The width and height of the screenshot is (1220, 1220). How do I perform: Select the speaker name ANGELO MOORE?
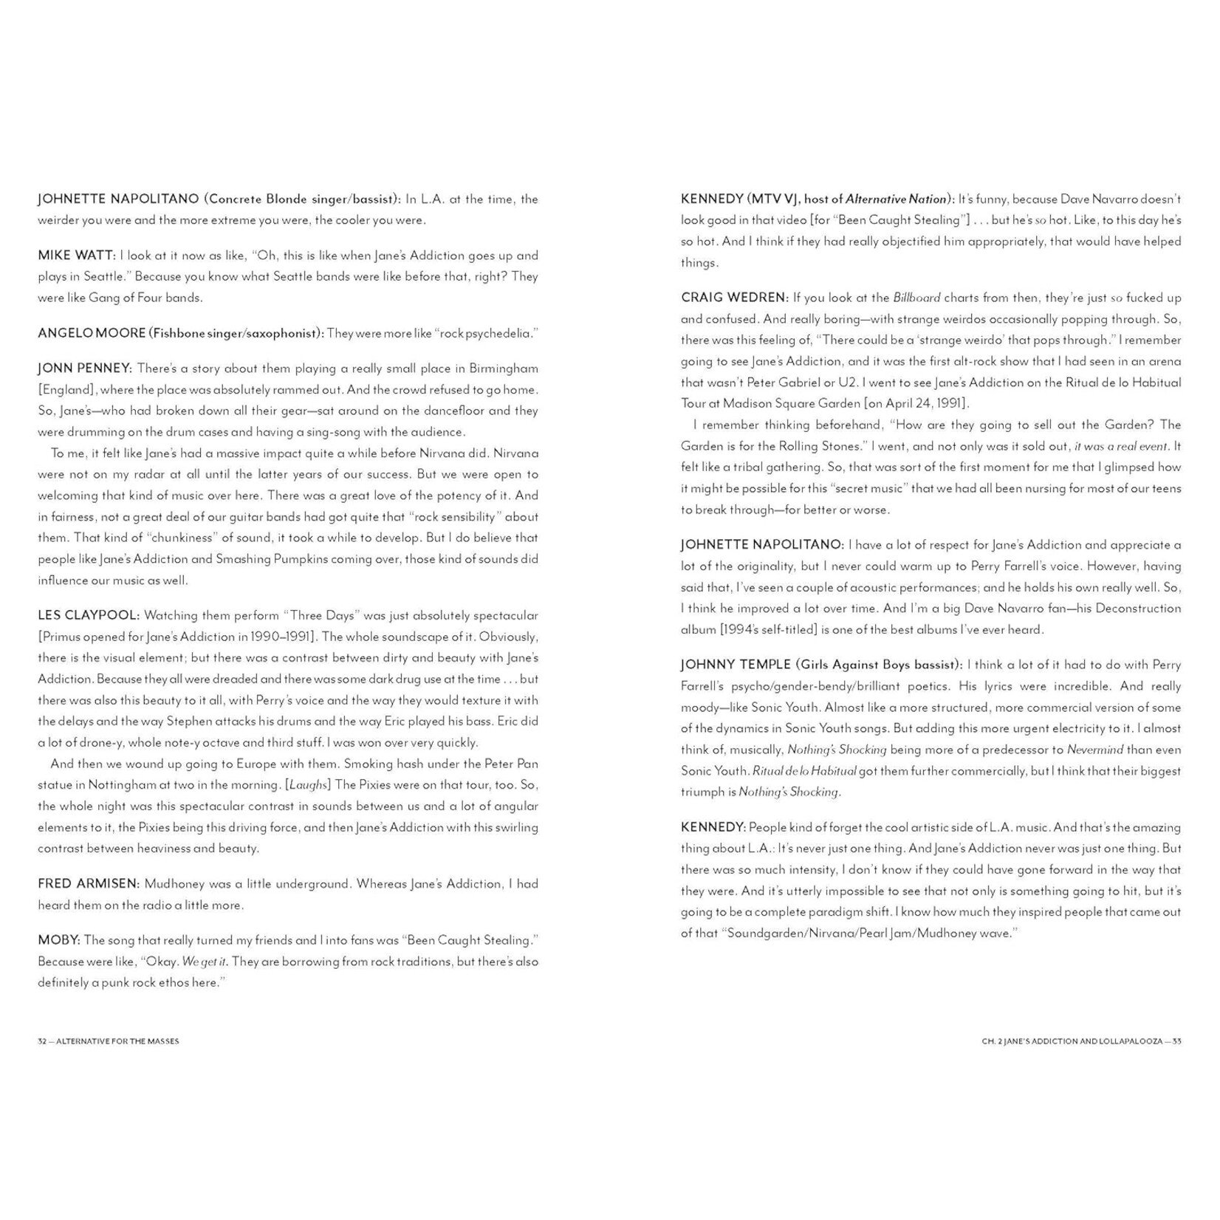click(92, 333)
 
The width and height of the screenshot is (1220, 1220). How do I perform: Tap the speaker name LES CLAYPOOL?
click(88, 615)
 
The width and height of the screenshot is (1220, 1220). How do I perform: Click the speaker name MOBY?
click(58, 940)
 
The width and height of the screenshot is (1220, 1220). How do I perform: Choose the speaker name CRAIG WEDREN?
click(733, 298)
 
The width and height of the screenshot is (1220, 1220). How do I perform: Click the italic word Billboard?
click(916, 298)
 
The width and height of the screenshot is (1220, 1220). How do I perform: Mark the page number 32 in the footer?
click(42, 1041)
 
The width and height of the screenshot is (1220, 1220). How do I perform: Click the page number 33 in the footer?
click(1176, 1041)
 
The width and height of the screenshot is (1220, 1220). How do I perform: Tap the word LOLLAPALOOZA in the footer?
click(1125, 1041)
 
